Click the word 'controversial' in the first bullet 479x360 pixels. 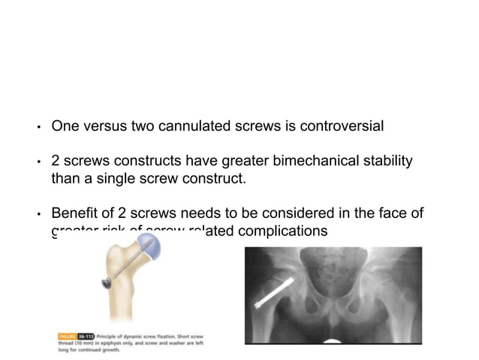point(342,126)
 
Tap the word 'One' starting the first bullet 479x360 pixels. point(64,126)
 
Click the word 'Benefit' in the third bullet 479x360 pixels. point(73,215)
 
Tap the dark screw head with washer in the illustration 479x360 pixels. point(107,283)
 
